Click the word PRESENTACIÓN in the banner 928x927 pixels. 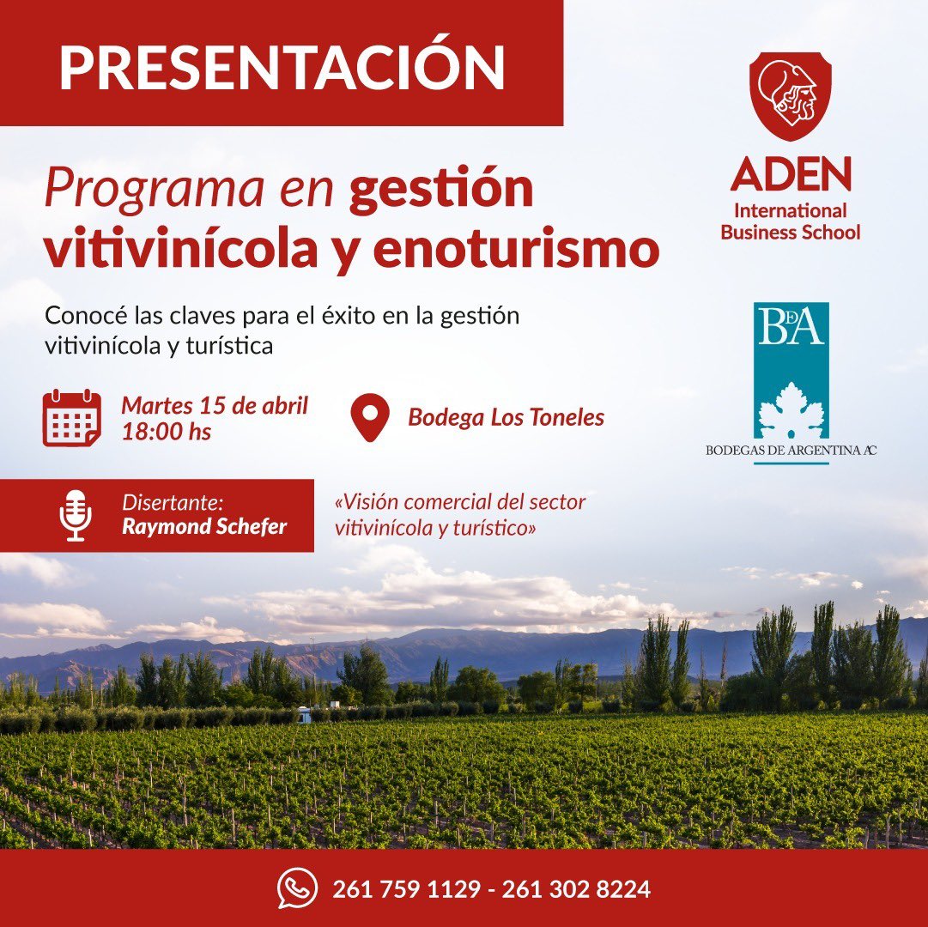tap(282, 66)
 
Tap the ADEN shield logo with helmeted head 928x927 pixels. tap(790, 94)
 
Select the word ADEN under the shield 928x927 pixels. tap(791, 174)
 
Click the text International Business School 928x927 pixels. tap(790, 221)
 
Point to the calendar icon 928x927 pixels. tap(72, 418)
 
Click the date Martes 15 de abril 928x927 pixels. tap(215, 404)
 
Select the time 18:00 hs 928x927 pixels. tap(166, 431)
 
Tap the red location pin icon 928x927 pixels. tap(370, 418)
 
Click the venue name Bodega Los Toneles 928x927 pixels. tap(506, 418)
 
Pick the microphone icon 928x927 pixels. tap(76, 515)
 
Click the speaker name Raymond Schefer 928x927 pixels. tap(204, 526)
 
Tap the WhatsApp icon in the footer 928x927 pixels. tap(297, 888)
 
